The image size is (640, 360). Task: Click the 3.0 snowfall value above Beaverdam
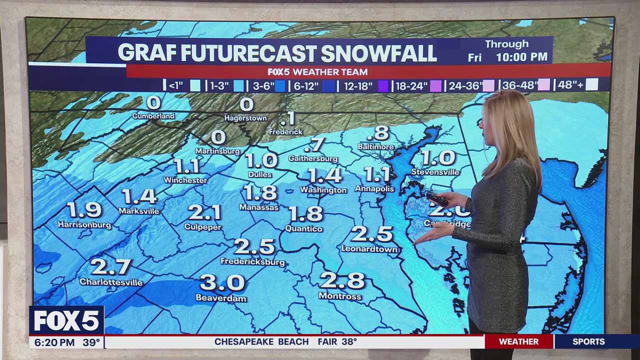[x=222, y=282]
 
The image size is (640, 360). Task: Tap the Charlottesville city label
[x=111, y=282]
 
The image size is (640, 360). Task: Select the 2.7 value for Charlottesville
[x=111, y=266]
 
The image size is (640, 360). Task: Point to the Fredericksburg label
[x=252, y=262]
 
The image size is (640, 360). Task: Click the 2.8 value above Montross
[x=342, y=280]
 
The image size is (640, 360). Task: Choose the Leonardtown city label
[x=369, y=249]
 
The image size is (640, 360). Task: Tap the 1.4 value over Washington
[x=325, y=175]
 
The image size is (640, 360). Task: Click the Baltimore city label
[x=376, y=147]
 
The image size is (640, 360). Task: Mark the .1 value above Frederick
[x=287, y=118]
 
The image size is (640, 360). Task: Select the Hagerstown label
[x=245, y=118]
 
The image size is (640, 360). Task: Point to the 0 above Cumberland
[x=153, y=102]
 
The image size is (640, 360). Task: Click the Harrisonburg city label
[x=84, y=225]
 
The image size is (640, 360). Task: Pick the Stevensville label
[x=435, y=172]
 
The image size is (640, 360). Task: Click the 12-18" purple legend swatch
[x=383, y=86]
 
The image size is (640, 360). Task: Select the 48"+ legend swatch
[x=592, y=85]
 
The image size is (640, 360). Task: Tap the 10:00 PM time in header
[x=521, y=57]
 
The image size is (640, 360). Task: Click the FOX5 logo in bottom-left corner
[x=66, y=320]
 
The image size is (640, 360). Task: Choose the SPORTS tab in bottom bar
[x=588, y=342]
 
